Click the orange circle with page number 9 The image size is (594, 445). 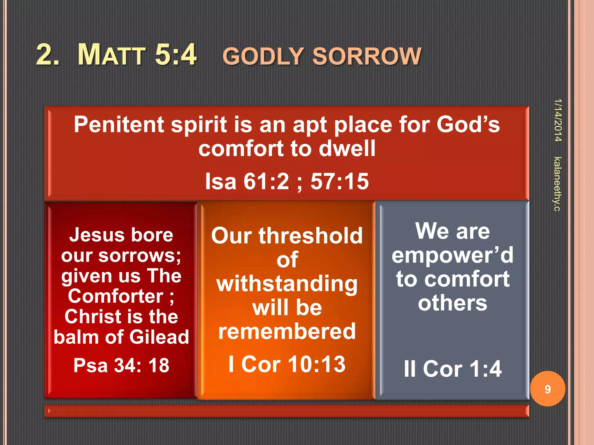click(x=547, y=389)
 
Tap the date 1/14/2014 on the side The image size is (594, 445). click(x=558, y=120)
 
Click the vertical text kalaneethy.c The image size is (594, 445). click(x=557, y=184)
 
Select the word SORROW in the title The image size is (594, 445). click(x=367, y=56)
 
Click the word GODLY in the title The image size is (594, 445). click(x=263, y=56)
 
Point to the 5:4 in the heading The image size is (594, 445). click(x=176, y=54)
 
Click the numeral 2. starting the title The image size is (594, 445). click(x=48, y=54)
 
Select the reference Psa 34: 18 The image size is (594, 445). click(x=121, y=365)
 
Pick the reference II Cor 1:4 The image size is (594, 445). click(x=452, y=369)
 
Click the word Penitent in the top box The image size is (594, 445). click(x=119, y=125)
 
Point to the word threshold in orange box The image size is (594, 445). click(x=310, y=236)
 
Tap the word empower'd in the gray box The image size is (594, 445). click(x=452, y=255)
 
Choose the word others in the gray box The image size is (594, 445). click(x=452, y=303)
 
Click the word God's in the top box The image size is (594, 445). click(x=468, y=125)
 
